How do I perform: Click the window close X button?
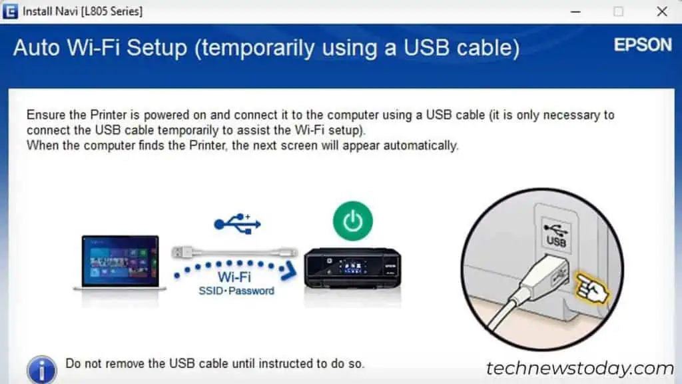pyautogui.click(x=661, y=11)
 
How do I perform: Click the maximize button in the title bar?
pyautogui.click(x=619, y=11)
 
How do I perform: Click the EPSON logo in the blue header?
pyautogui.click(x=642, y=45)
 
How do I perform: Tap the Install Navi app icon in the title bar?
pyautogui.click(x=10, y=11)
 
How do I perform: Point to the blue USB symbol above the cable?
pyautogui.click(x=237, y=223)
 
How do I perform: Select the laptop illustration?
pyautogui.click(x=120, y=262)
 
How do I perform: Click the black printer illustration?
pyautogui.click(x=352, y=267)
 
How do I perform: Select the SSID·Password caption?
pyautogui.click(x=236, y=291)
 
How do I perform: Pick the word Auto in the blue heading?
pyautogui.click(x=37, y=48)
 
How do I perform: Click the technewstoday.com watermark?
pyautogui.click(x=579, y=368)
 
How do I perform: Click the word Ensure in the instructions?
pyautogui.click(x=46, y=115)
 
